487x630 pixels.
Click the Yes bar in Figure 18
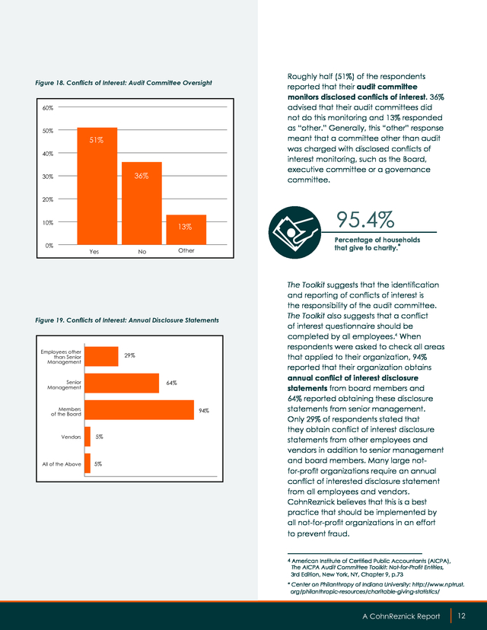click(x=97, y=186)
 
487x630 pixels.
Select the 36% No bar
click(x=142, y=203)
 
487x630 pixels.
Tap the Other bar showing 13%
click(x=186, y=230)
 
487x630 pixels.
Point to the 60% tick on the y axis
click(x=48, y=108)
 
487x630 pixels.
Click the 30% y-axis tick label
click(x=48, y=177)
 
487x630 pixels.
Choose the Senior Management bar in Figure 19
click(x=122, y=383)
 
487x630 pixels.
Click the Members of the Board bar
click(x=139, y=410)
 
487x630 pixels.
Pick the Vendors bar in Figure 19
click(x=88, y=437)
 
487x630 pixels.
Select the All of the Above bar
click(x=88, y=463)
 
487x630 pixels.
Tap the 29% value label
click(x=129, y=355)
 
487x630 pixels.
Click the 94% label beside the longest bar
click(x=204, y=411)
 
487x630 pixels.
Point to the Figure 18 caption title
click(x=123, y=83)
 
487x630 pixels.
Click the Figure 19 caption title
click(x=127, y=320)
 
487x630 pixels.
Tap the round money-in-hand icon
click(x=294, y=232)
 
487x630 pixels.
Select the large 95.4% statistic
click(x=365, y=219)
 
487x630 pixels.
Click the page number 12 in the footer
click(x=461, y=616)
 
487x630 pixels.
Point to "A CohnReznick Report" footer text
click(x=401, y=616)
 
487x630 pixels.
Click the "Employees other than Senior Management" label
click(x=61, y=357)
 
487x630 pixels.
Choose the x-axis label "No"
click(x=142, y=252)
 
